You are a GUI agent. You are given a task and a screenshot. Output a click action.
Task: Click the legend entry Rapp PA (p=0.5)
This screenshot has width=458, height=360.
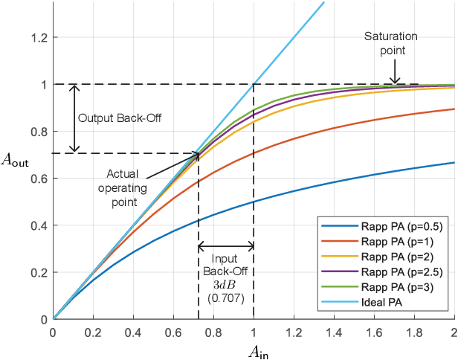pyautogui.click(x=386, y=228)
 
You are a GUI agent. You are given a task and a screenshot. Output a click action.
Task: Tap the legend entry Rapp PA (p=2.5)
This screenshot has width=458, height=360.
pyautogui.click(x=386, y=271)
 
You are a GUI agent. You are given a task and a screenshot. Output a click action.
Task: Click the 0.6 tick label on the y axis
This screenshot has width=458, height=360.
pyautogui.click(x=38, y=179)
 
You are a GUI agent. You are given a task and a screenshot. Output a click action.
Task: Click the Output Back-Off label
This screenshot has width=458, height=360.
pyautogui.click(x=120, y=117)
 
